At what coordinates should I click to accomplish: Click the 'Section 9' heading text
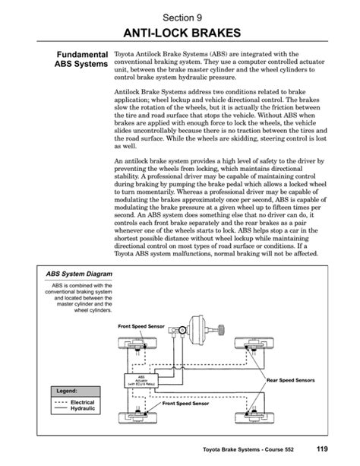(x=180, y=14)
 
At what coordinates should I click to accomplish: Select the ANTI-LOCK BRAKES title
(x=180, y=33)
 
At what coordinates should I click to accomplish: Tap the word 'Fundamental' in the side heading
(x=77, y=55)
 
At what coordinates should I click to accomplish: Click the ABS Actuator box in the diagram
(x=140, y=379)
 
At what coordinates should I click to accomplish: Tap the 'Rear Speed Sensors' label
(x=290, y=379)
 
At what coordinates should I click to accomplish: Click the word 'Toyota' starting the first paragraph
(x=124, y=55)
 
